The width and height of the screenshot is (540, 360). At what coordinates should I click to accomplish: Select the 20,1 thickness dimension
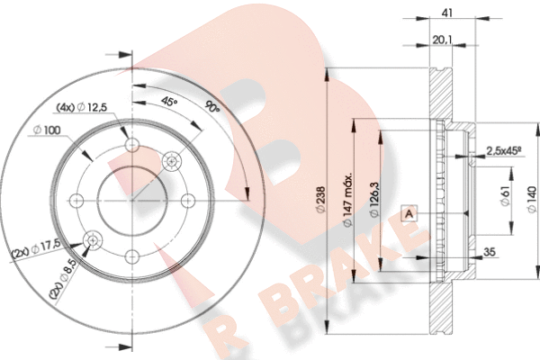tap(442, 39)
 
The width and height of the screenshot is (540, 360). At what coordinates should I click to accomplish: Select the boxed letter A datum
tap(409, 213)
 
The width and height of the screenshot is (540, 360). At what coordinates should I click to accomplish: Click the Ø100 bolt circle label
tap(46, 132)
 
